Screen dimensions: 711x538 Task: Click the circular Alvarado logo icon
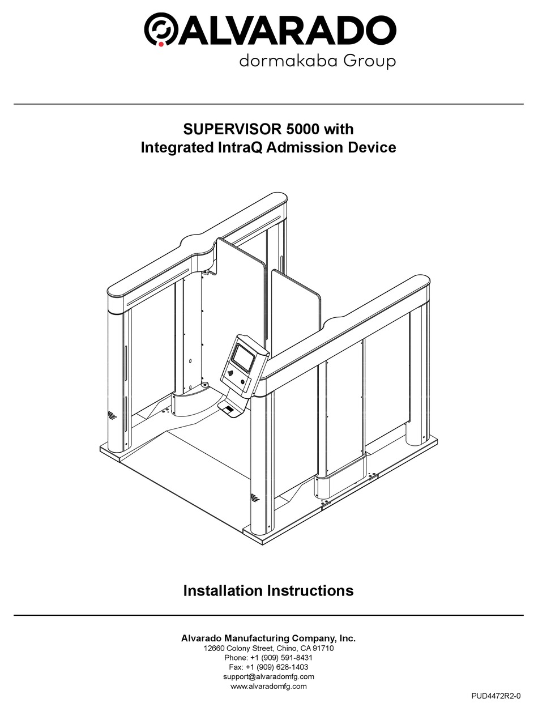[160, 29]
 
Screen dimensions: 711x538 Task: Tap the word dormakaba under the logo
[294, 61]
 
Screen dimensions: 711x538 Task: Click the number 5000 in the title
[302, 129]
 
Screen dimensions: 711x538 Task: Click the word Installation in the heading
[223, 590]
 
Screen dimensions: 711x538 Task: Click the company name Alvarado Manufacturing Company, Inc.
[268, 638]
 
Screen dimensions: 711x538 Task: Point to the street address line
[268, 648]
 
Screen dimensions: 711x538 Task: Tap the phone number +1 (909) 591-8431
[281, 658]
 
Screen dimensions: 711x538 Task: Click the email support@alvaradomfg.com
[268, 676]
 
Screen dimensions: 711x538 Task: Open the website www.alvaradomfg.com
[268, 686]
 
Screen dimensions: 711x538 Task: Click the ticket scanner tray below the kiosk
[228, 410]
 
